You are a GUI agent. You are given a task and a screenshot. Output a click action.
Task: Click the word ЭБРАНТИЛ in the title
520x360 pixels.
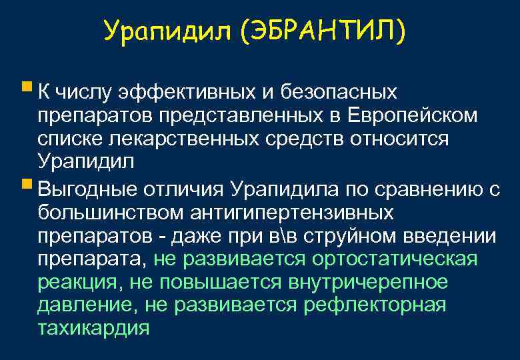[326, 31]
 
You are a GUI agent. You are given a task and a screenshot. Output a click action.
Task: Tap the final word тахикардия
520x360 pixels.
[94, 329]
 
